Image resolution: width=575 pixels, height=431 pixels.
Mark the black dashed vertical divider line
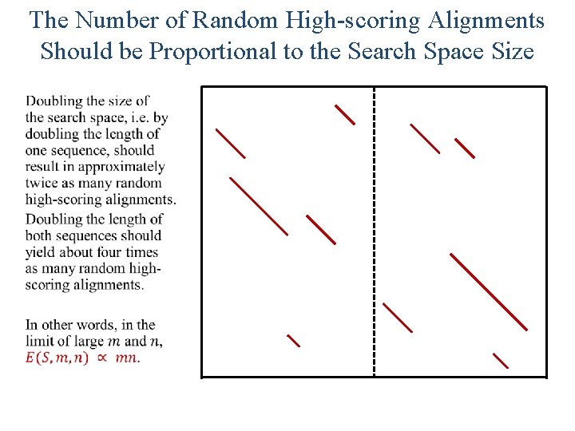click(374, 231)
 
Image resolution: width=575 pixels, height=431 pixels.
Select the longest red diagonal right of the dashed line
click(489, 291)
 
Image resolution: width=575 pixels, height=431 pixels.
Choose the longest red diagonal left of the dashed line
click(259, 206)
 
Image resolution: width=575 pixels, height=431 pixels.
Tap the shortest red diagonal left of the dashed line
click(293, 341)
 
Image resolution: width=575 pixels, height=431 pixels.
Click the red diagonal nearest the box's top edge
click(344, 114)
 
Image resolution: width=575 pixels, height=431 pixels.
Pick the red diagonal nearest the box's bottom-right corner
click(501, 360)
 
